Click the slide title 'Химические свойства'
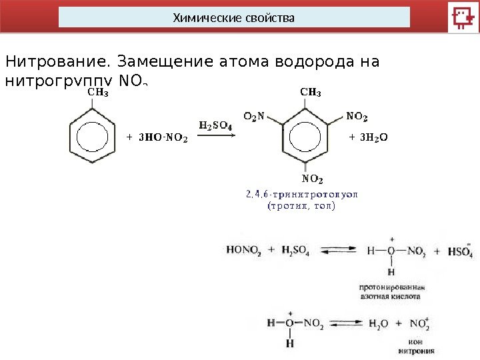click(234, 17)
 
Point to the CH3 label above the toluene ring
click(99, 93)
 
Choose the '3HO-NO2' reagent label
click(163, 139)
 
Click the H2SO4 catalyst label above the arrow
click(216, 124)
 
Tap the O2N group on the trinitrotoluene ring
click(254, 117)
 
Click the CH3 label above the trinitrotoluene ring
click(311, 91)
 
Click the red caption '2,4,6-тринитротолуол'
click(302, 195)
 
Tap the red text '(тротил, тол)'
click(302, 207)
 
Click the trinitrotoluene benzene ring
click(305, 137)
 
